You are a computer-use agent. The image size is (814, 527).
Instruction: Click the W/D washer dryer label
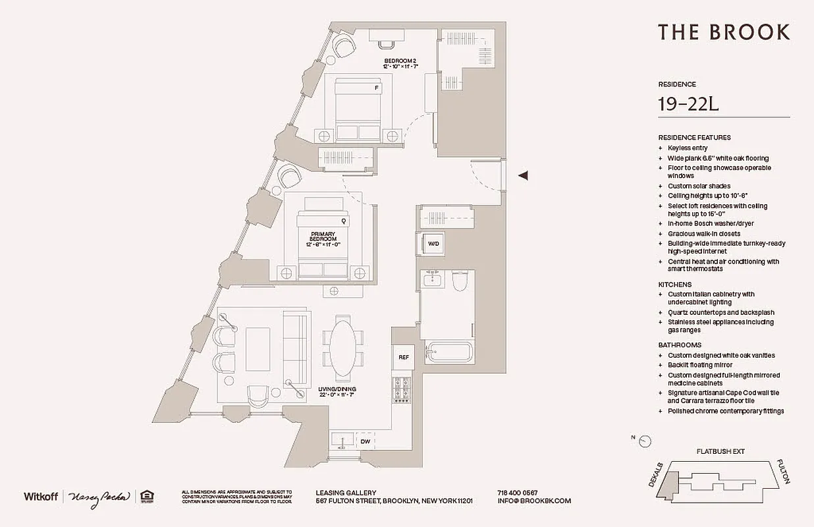click(433, 244)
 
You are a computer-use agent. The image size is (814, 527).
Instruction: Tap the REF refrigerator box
click(403, 357)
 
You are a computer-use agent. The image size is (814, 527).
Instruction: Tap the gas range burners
click(400, 389)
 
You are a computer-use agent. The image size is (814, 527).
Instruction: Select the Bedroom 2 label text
click(400, 61)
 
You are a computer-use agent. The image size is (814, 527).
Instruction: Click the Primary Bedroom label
click(323, 238)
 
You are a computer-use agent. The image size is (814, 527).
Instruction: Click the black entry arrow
click(524, 175)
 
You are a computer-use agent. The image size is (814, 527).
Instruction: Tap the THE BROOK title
click(724, 32)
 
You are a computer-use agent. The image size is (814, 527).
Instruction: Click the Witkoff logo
click(41, 496)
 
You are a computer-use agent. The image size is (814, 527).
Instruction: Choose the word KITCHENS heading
click(674, 285)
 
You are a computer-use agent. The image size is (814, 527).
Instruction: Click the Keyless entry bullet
click(686, 148)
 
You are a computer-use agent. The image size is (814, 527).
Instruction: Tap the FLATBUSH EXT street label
click(720, 452)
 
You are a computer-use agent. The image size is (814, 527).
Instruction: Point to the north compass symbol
click(645, 441)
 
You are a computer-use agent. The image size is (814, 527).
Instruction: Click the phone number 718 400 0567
click(517, 493)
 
